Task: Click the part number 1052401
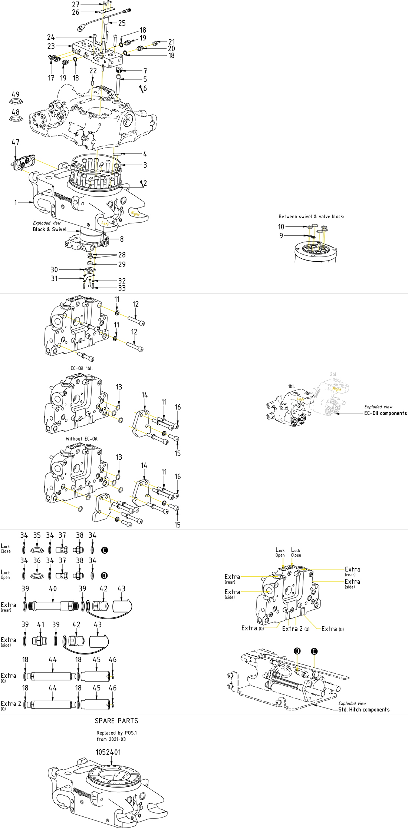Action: click(x=108, y=752)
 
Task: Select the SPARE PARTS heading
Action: click(x=116, y=720)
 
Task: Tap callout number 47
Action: click(x=15, y=142)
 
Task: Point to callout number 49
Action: click(x=16, y=94)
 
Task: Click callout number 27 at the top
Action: click(x=76, y=4)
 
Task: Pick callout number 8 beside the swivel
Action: click(x=122, y=239)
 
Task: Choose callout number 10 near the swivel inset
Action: click(x=281, y=226)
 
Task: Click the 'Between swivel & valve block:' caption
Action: click(x=311, y=216)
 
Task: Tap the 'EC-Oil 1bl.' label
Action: click(x=82, y=368)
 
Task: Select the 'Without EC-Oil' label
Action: click(x=82, y=439)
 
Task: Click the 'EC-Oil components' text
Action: click(x=385, y=413)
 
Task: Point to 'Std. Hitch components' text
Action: click(x=364, y=710)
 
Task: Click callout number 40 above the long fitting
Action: click(x=53, y=588)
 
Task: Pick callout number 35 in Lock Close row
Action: click(x=37, y=535)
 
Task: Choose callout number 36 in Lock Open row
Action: click(x=37, y=561)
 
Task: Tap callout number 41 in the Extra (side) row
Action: click(x=41, y=624)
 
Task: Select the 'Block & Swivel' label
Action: click(x=50, y=229)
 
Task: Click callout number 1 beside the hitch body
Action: click(x=16, y=202)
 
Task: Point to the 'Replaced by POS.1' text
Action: click(x=116, y=733)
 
